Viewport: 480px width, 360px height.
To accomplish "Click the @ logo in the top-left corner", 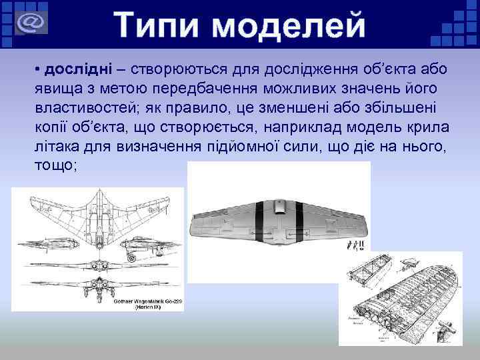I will (28, 23).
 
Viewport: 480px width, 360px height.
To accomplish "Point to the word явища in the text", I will (55, 89).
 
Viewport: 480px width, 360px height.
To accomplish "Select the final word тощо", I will (55, 165).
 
